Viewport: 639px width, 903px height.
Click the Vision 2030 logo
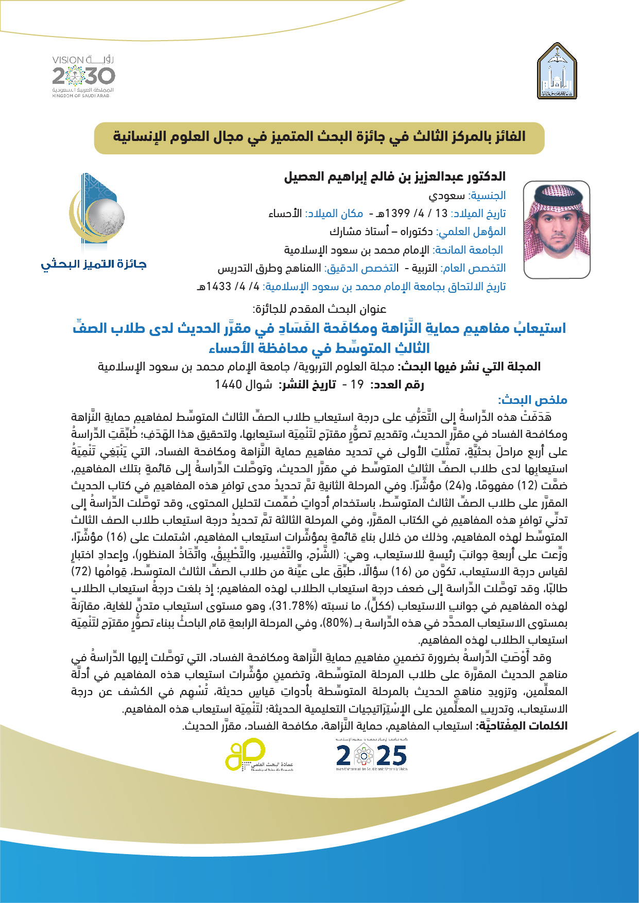[x=83, y=76]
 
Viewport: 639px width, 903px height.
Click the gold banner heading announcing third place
[x=319, y=137]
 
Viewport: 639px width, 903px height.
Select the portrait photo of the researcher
[x=556, y=229]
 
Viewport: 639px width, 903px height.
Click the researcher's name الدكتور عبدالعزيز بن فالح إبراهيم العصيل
[x=395, y=177]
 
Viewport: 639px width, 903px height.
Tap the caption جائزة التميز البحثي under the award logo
[x=94, y=264]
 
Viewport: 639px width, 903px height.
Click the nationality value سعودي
[x=447, y=196]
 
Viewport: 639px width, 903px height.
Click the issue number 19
[x=357, y=384]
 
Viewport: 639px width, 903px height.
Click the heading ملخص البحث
[x=532, y=400]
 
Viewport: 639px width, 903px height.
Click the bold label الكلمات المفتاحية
[x=522, y=726]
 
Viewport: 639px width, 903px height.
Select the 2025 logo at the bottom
[x=371, y=755]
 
